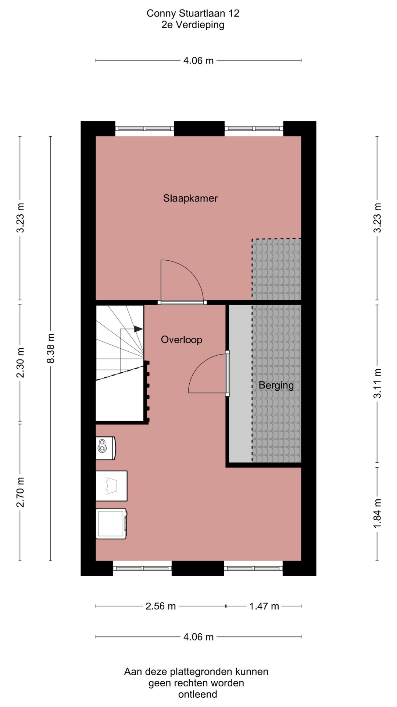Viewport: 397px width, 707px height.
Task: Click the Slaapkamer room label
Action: coord(190,198)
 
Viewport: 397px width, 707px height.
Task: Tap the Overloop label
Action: coord(182,340)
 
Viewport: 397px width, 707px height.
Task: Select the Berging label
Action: coord(276,386)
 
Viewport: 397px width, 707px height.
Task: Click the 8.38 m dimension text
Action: coord(51,348)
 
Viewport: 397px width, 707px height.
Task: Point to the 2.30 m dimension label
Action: coord(20,363)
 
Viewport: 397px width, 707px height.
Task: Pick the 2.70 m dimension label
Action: coord(20,492)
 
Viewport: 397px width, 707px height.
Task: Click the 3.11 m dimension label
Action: coord(377,383)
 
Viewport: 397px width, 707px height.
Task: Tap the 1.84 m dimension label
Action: coord(377,513)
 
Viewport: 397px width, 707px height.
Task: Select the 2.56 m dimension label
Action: coord(161,606)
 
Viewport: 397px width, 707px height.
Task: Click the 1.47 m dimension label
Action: coord(264,606)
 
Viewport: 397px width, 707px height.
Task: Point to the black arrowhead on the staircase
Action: coord(139,329)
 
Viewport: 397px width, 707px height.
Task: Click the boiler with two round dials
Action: coord(105,448)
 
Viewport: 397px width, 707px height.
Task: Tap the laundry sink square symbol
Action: coord(111,486)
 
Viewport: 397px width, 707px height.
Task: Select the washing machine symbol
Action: coord(111,524)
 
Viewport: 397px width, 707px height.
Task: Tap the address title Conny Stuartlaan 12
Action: coord(193,13)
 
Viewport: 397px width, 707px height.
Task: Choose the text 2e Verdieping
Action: coord(193,25)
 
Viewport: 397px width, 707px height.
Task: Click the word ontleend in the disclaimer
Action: coord(198,694)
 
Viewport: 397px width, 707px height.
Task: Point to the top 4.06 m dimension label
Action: coord(198,60)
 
